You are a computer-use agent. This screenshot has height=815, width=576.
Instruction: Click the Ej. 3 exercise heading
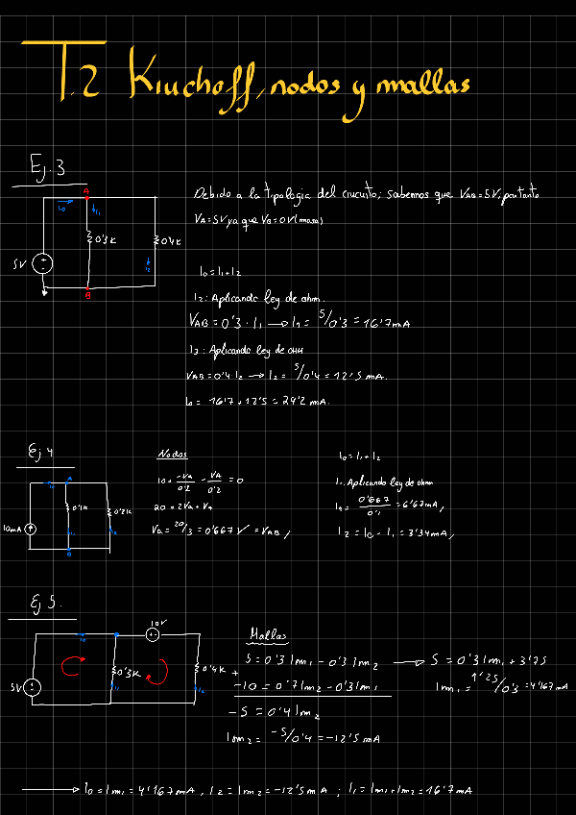coord(47,169)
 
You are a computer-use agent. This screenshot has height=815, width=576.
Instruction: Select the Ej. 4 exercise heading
coord(40,452)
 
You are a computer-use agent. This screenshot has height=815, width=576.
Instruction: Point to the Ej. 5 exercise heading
coord(43,604)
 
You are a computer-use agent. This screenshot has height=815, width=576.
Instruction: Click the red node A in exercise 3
coord(87,192)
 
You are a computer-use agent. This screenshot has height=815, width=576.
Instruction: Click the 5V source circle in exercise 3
coord(44,263)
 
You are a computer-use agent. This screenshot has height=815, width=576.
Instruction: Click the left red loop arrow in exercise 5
coord(70,666)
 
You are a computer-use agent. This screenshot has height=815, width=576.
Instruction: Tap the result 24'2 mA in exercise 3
coord(305,401)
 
